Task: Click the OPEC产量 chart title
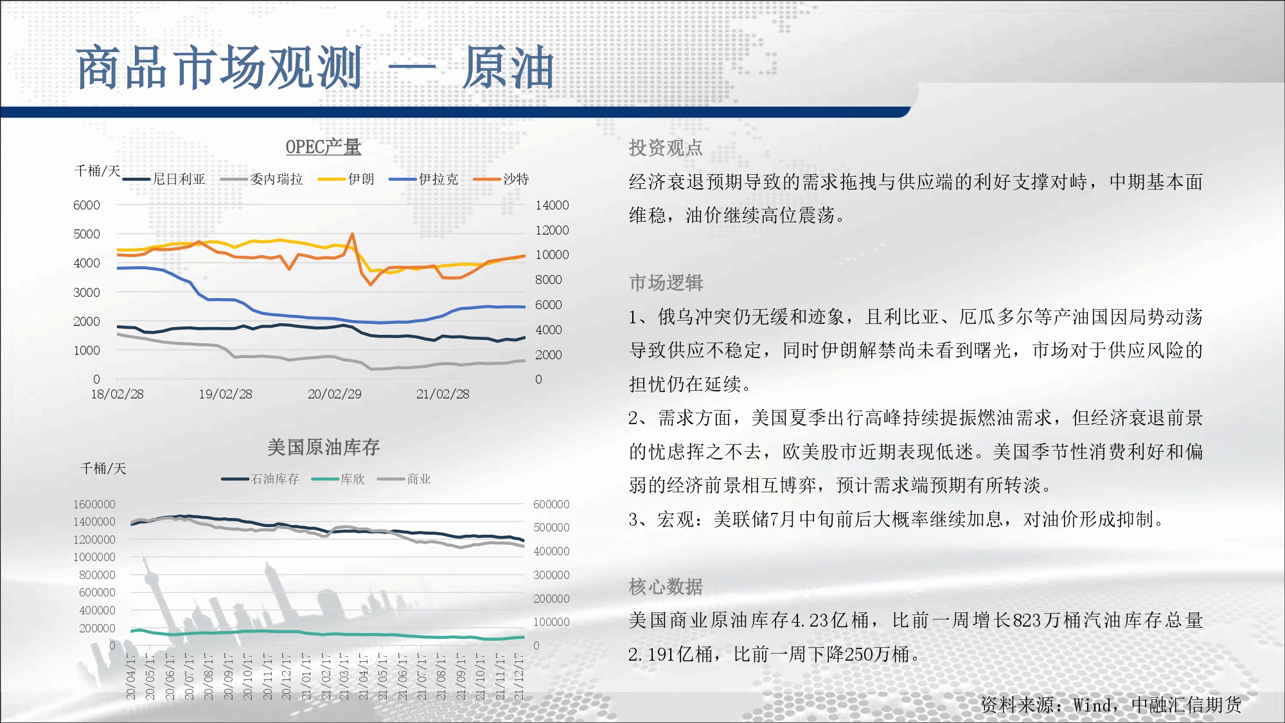click(x=323, y=147)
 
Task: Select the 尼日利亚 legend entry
click(x=164, y=179)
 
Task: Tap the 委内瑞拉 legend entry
click(x=261, y=179)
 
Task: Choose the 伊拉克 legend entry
click(x=423, y=179)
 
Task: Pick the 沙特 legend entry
click(x=501, y=179)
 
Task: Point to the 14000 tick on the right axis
click(x=552, y=205)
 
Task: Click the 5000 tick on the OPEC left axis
click(x=87, y=234)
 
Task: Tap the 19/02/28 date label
click(x=226, y=394)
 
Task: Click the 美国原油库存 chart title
click(x=323, y=447)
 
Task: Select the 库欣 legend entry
click(x=338, y=479)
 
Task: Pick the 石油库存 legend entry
click(x=260, y=479)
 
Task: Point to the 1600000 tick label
click(x=94, y=504)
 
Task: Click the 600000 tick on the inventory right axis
click(x=551, y=504)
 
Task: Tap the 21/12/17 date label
click(x=519, y=677)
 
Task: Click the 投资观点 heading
click(x=666, y=148)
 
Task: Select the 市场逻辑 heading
click(x=666, y=283)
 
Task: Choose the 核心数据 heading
click(x=666, y=587)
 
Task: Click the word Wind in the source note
click(x=1092, y=706)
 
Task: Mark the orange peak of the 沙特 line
click(x=352, y=234)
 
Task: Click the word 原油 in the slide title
click(x=508, y=67)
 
